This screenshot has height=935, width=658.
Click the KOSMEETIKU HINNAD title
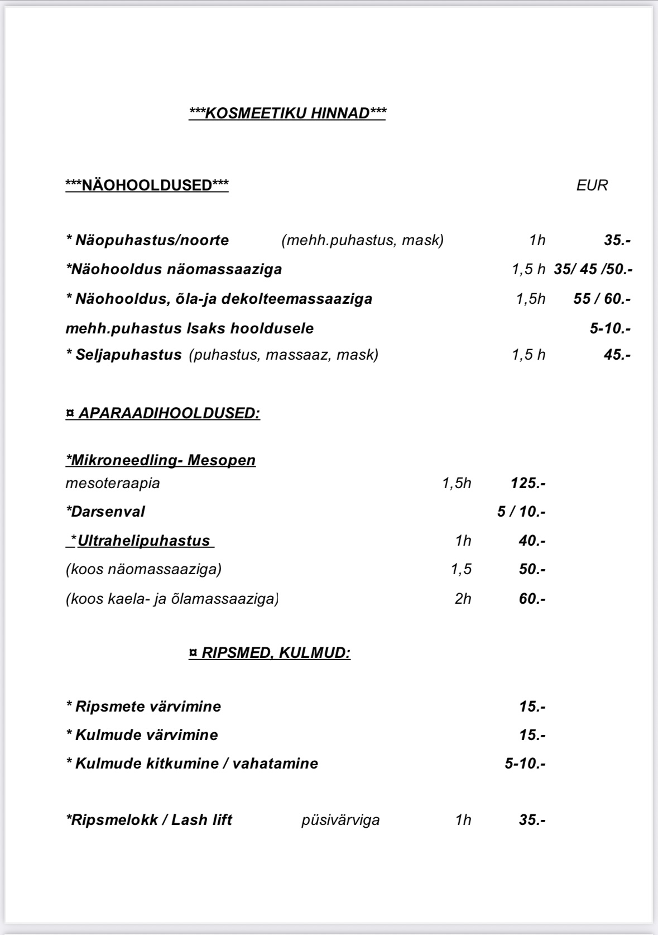point(287,113)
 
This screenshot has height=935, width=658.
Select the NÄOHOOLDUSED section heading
point(147,185)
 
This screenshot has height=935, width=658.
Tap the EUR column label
point(592,185)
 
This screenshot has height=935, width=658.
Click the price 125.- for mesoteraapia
point(527,483)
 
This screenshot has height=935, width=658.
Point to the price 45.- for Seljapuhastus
point(617,355)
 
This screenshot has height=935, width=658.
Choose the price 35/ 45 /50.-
point(593,270)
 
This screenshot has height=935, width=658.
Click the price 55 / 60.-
point(602,299)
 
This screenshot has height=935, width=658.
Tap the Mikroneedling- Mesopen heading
point(161,460)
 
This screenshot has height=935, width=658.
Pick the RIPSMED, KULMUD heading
point(270,653)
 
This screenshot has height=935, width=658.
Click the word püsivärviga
point(340,820)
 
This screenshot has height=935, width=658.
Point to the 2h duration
point(463,599)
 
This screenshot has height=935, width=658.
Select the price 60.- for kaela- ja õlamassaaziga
point(532,599)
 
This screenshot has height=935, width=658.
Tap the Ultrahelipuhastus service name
point(143,541)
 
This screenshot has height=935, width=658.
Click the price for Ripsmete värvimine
point(532,707)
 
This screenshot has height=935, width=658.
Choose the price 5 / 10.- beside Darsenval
point(521,512)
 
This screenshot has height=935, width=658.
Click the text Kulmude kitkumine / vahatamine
point(193,764)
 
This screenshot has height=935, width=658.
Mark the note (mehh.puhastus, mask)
point(363,240)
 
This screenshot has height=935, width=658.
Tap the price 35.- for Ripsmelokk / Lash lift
point(532,820)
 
